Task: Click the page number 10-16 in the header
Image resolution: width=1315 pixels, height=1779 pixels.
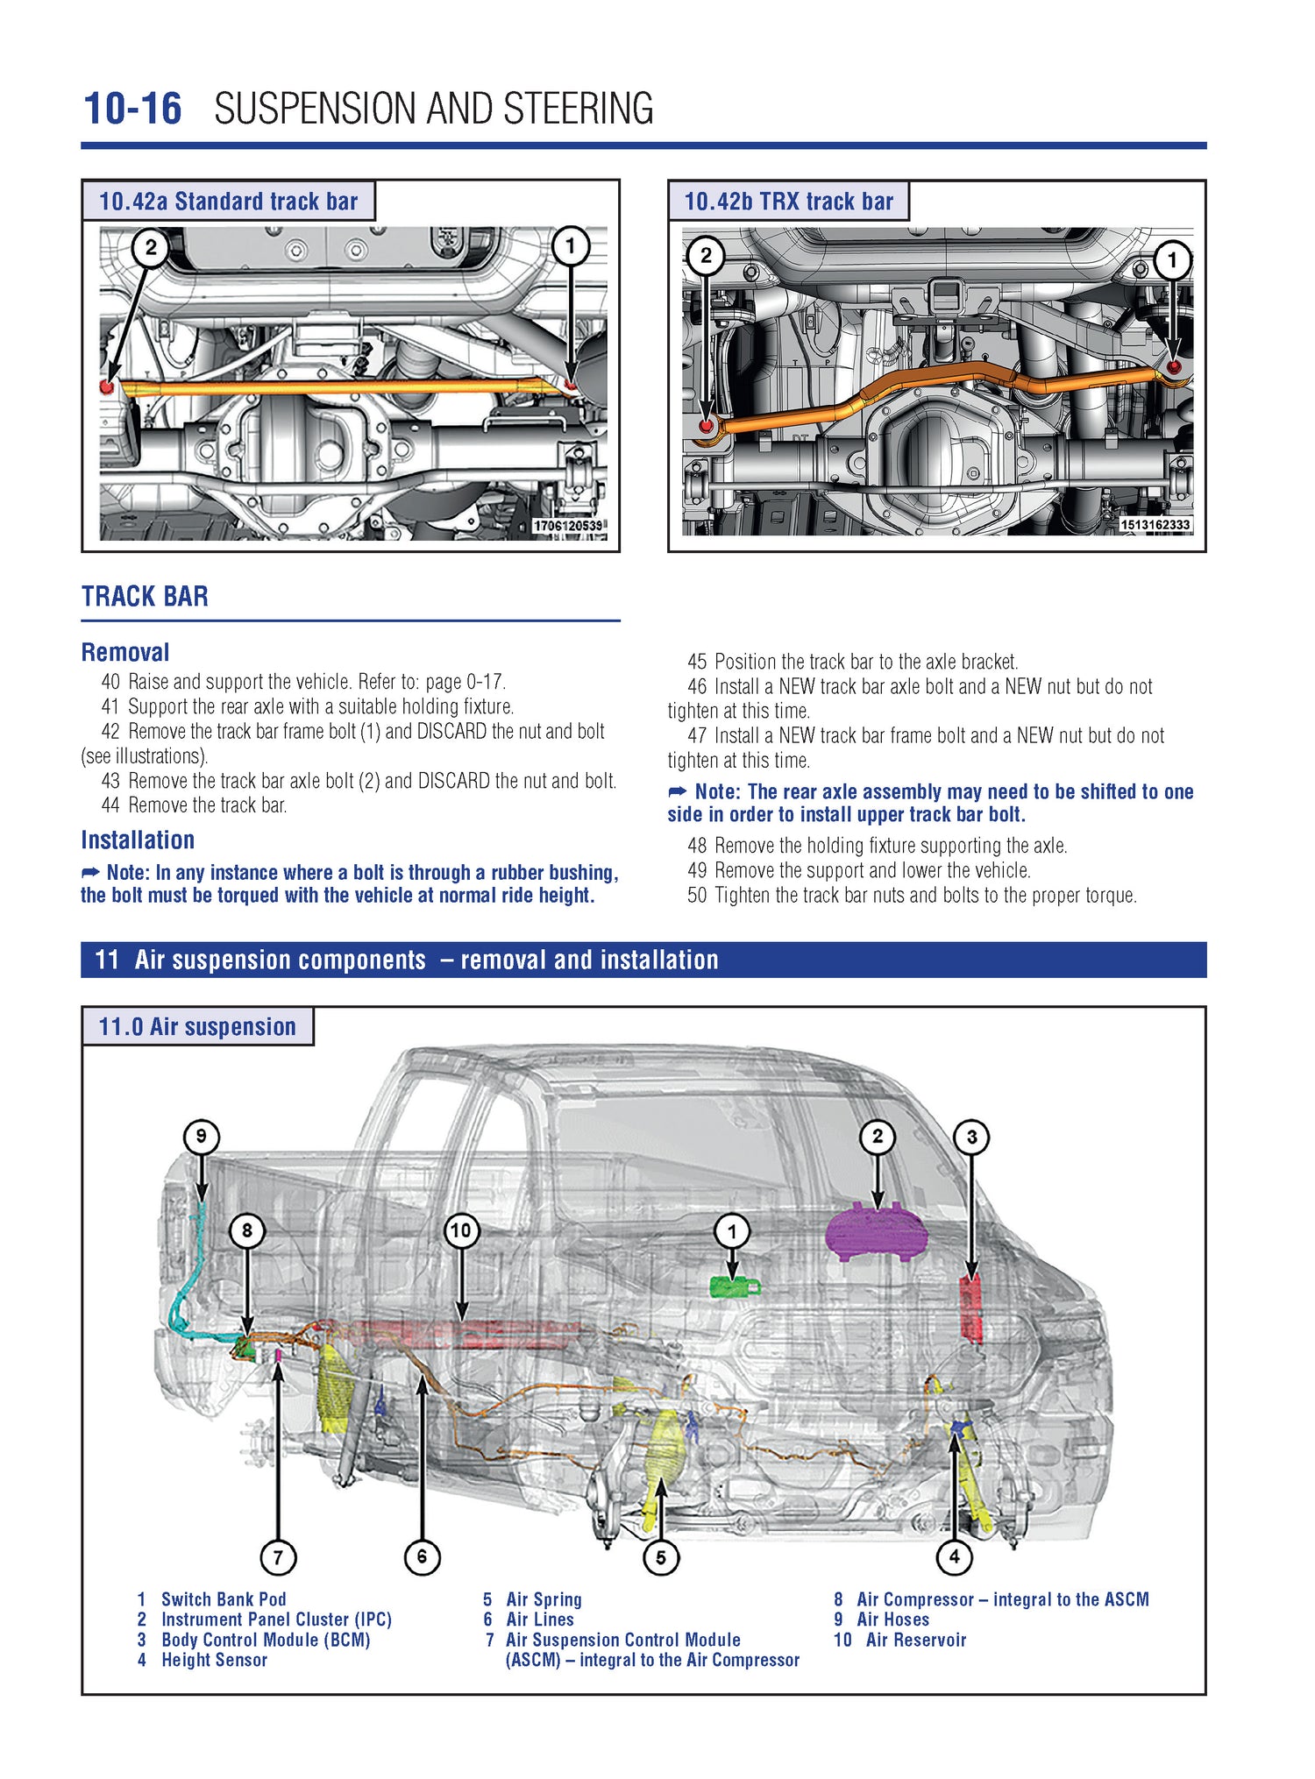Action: [x=132, y=109]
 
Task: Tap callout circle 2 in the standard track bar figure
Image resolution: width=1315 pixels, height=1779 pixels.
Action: [x=150, y=247]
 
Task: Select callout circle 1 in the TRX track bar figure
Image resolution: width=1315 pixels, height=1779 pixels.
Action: [x=1172, y=259]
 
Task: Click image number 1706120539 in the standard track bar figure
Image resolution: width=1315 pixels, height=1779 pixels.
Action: [x=568, y=525]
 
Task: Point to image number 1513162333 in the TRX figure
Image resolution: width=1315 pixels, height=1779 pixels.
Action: [x=1155, y=524]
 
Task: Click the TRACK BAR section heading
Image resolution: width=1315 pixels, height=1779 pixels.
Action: [x=145, y=597]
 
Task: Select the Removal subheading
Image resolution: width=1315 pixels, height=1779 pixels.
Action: [x=125, y=652]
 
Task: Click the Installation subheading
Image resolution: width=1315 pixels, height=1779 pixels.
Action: [x=138, y=840]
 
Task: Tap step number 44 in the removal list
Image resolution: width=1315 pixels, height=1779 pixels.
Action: [x=110, y=804]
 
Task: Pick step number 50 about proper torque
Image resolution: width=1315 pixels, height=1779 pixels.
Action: [x=697, y=895]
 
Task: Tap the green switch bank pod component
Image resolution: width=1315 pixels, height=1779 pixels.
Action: [x=735, y=1286]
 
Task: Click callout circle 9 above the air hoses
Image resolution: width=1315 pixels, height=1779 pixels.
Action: [x=201, y=1137]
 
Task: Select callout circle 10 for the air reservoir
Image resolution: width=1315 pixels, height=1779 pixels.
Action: [x=460, y=1230]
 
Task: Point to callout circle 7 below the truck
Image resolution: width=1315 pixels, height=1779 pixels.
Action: [x=278, y=1557]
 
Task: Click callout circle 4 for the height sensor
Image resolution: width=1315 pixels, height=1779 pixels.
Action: [x=954, y=1556]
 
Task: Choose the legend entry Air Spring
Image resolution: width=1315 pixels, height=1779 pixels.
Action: [x=544, y=1599]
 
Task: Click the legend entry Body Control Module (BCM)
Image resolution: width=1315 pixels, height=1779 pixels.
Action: [x=265, y=1640]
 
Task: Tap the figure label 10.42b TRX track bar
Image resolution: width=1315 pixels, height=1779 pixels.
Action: [x=788, y=202]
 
